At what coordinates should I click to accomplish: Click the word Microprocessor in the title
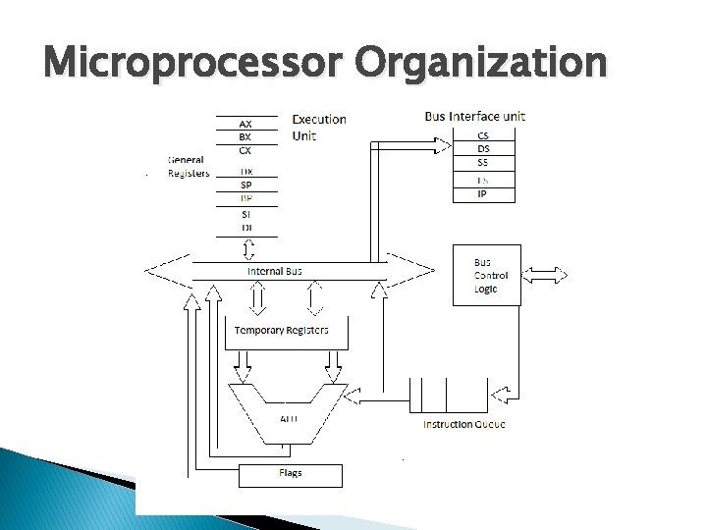(193, 65)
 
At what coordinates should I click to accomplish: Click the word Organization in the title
(481, 65)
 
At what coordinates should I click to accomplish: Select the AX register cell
(245, 124)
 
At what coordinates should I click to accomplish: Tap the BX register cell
(245, 136)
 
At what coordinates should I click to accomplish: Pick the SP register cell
(245, 185)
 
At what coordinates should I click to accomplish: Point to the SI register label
(245, 214)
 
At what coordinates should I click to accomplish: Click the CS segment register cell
(483, 135)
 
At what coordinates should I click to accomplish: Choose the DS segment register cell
(483, 148)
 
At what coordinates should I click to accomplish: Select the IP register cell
(483, 194)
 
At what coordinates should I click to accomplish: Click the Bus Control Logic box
(486, 276)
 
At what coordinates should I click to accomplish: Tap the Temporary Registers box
(281, 331)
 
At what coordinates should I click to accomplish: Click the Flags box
(291, 475)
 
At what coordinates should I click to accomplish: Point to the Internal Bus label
(275, 271)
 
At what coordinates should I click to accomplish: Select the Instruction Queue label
(464, 424)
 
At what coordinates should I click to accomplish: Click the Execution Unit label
(319, 127)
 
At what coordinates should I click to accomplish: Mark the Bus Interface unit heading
(474, 116)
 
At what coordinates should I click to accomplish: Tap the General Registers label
(189, 166)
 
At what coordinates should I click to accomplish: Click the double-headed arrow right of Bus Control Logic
(546, 276)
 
